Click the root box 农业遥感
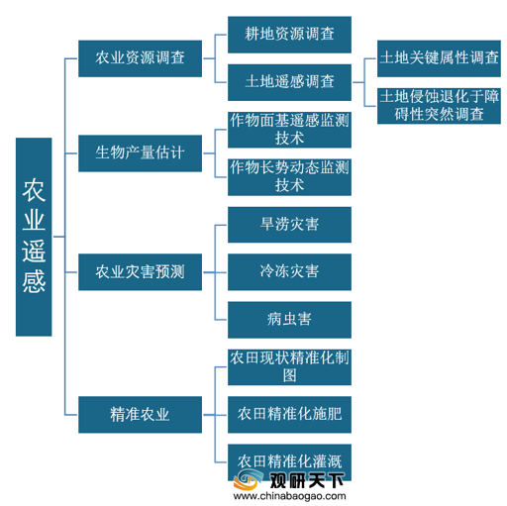pyautogui.click(x=34, y=237)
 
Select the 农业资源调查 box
pyautogui.click(x=140, y=58)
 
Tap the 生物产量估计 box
pyautogui.click(x=140, y=153)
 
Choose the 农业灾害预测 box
pyautogui.click(x=140, y=272)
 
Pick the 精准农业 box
pyautogui.click(x=140, y=415)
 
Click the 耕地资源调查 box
pyautogui.click(x=289, y=35)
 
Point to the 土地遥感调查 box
pyautogui.click(x=289, y=82)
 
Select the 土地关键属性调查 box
pyautogui.click(x=439, y=58)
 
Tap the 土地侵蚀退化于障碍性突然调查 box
pyautogui.click(x=439, y=106)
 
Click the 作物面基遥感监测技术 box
pyautogui.click(x=289, y=130)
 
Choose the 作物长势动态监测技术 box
pyautogui.click(x=289, y=177)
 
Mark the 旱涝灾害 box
pyautogui.click(x=289, y=225)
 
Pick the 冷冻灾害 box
pyautogui.click(x=289, y=272)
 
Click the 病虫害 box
pyautogui.click(x=289, y=320)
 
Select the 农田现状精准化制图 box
pyautogui.click(x=289, y=367)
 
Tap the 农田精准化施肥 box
pyautogui.click(x=289, y=415)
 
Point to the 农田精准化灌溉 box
pyautogui.click(x=289, y=462)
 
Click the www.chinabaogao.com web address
pyautogui.click(x=289, y=496)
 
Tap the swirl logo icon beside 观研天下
pyautogui.click(x=249, y=480)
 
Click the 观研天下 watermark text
pyautogui.click(x=307, y=480)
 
